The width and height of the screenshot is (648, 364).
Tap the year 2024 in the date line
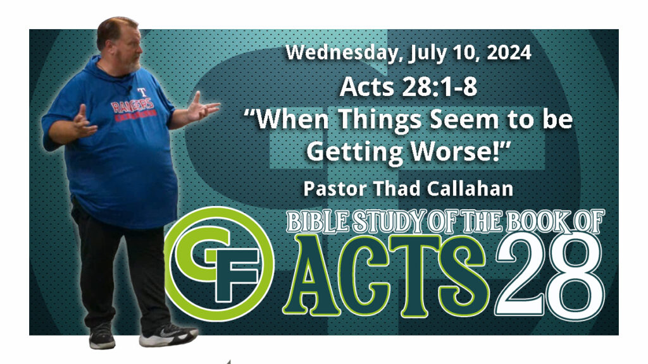click(509, 52)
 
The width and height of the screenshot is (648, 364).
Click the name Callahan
click(470, 188)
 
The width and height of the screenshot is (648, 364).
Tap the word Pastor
click(335, 188)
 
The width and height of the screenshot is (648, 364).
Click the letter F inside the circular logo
click(235, 273)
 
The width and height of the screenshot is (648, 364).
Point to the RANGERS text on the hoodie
click(133, 106)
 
